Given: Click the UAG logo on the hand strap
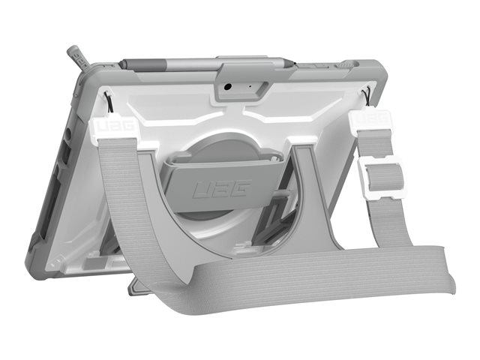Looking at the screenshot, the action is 223,188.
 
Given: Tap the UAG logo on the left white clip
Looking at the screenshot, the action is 115,126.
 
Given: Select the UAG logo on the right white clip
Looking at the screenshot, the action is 371,118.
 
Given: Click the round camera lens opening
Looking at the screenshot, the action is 227,87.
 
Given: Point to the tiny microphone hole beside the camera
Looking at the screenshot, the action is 250,86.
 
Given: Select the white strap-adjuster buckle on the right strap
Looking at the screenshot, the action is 380,177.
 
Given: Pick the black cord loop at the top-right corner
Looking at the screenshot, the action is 367,97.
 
